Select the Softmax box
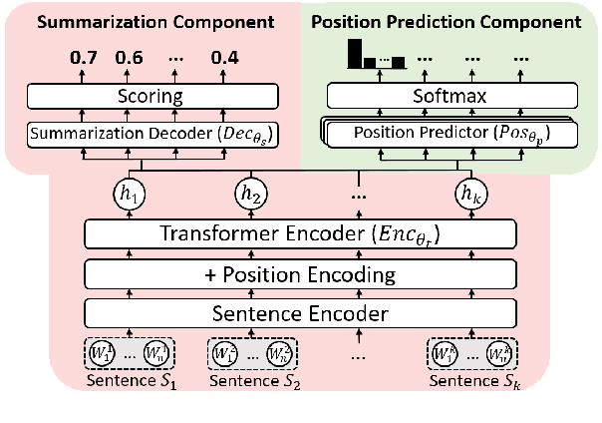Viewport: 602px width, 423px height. [451, 97]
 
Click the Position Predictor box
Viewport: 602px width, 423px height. [451, 134]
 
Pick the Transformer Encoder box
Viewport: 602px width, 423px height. [300, 235]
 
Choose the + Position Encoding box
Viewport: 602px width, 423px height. [300, 273]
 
